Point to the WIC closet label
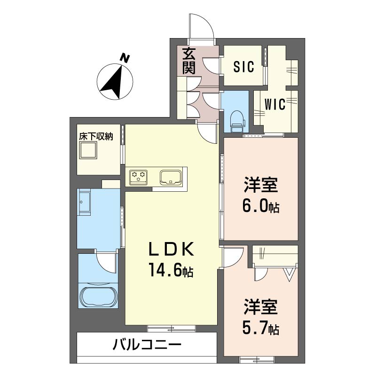[275, 104]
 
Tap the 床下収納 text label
[96, 137]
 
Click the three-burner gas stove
[140, 176]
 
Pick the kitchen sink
[171, 177]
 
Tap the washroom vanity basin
[86, 202]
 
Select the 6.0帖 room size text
[261, 206]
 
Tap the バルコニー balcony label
[147, 346]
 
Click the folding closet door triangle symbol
[289, 274]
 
